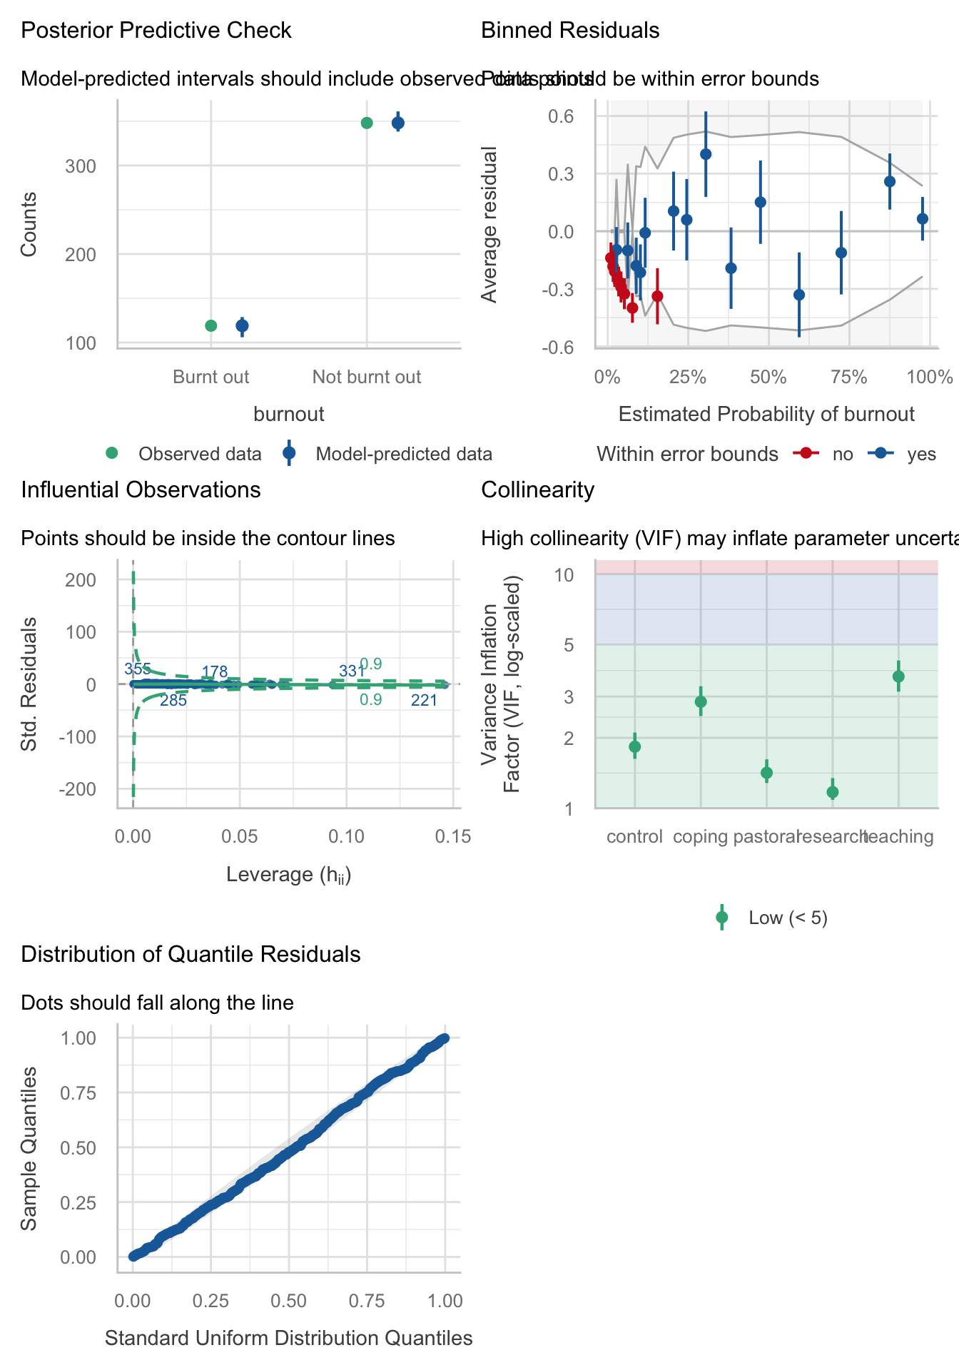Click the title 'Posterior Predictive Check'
(x=156, y=31)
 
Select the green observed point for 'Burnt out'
(x=210, y=326)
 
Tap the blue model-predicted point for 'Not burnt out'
(x=398, y=123)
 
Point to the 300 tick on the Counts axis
(x=81, y=166)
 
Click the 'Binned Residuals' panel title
(x=570, y=31)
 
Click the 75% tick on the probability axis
(x=849, y=377)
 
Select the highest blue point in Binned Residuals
(x=706, y=153)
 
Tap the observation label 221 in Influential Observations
(x=424, y=701)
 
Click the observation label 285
(x=173, y=701)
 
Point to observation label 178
(x=215, y=671)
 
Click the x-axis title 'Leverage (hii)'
(x=289, y=875)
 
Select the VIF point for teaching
(x=898, y=676)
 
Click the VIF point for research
(x=832, y=792)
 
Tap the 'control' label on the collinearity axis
(x=634, y=837)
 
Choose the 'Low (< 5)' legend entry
(x=788, y=918)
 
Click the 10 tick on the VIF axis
(x=565, y=574)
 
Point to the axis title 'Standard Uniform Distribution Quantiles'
(x=289, y=1338)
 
